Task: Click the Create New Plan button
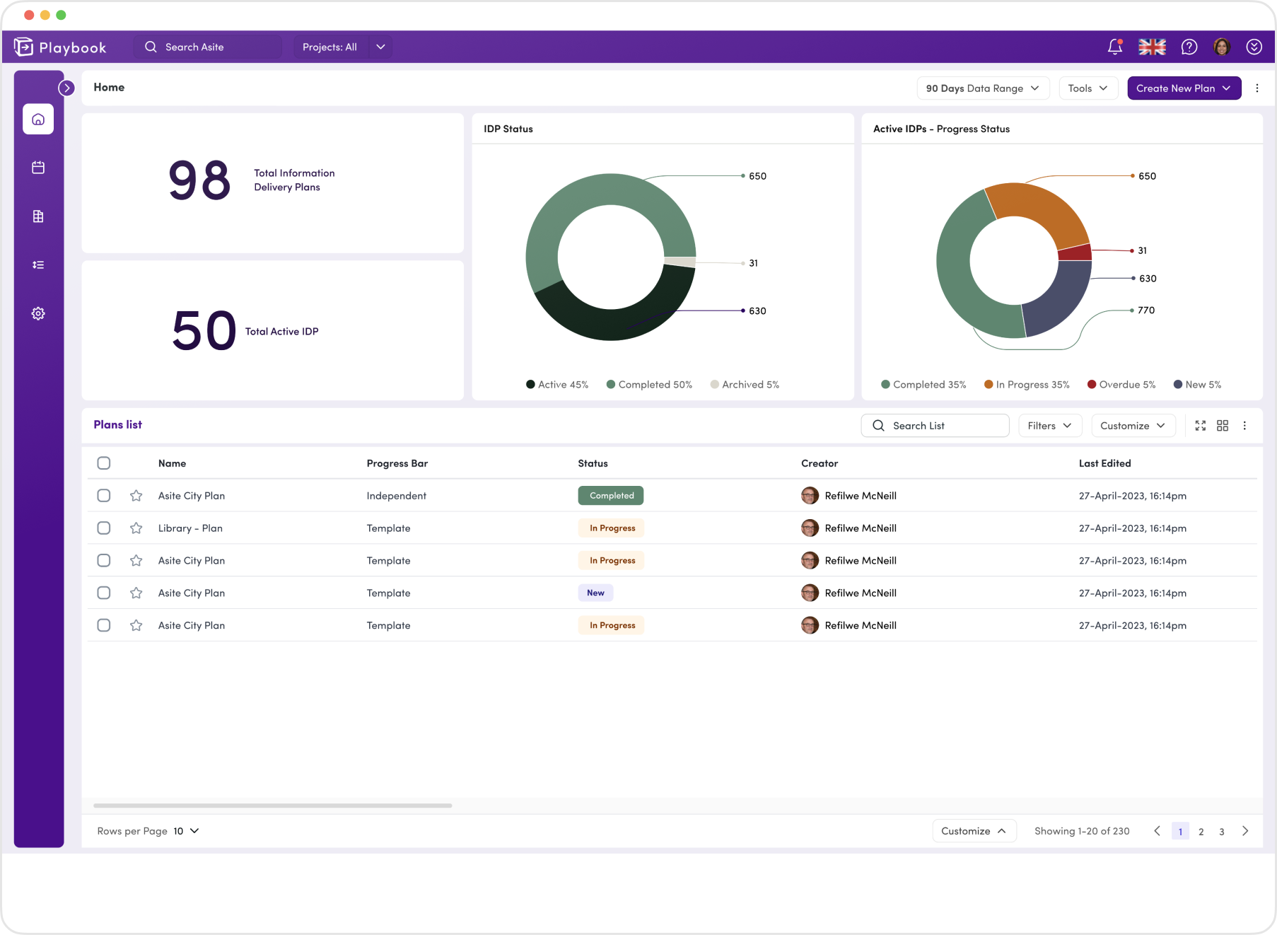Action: [1183, 88]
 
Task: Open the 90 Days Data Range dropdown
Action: [982, 88]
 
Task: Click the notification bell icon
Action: [1114, 47]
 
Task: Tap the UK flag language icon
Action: [1152, 47]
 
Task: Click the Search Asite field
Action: [208, 47]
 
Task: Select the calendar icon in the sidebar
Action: [38, 168]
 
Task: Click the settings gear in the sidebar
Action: [38, 313]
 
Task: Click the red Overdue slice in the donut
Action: [1075, 252]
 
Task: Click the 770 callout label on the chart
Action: [1145, 310]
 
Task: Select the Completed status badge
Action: [611, 496]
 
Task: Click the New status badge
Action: [595, 593]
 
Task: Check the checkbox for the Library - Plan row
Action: [104, 528]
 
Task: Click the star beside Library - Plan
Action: [136, 528]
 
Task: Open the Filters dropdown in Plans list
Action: [1049, 426]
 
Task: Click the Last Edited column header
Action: [1104, 463]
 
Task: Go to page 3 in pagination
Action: [1221, 832]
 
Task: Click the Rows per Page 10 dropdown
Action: [187, 831]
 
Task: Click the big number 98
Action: [199, 181]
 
